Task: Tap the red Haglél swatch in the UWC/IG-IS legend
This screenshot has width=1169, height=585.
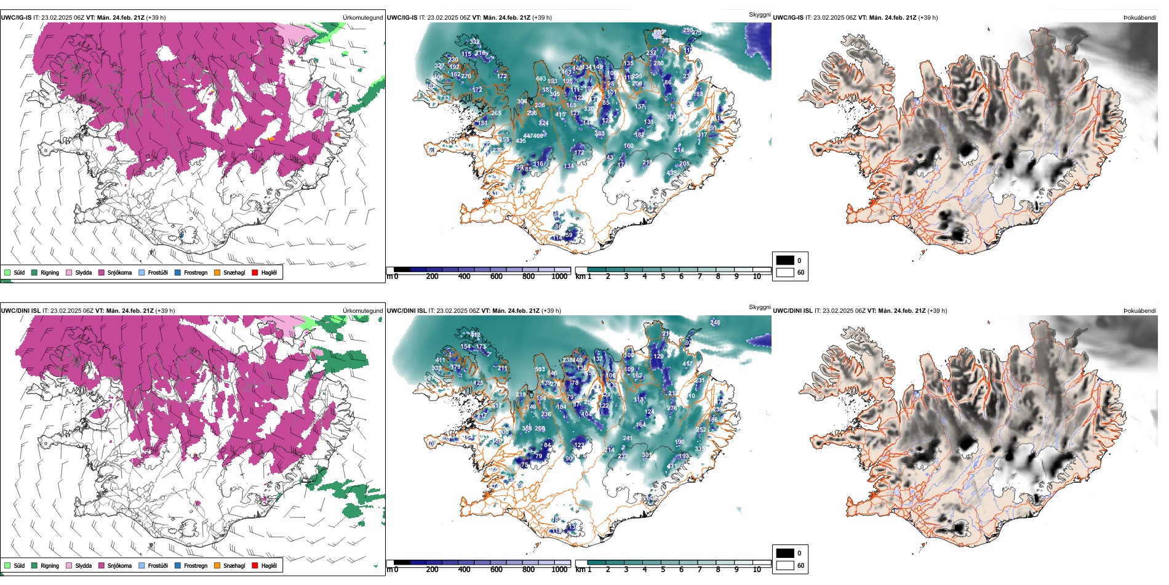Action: point(255,272)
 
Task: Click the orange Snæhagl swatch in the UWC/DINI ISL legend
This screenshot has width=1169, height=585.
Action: point(217,565)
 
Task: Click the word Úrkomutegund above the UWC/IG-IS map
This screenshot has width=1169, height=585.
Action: point(362,18)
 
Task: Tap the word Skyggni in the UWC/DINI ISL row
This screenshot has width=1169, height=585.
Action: point(759,307)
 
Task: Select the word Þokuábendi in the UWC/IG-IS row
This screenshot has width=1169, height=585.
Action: point(1139,18)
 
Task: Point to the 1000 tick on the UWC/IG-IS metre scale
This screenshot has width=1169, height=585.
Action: point(559,276)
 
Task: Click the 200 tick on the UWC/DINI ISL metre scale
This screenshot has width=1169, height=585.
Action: point(433,570)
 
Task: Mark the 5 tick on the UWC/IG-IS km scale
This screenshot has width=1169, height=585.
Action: point(663,276)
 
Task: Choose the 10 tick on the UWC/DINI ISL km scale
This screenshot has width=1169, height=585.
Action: point(757,570)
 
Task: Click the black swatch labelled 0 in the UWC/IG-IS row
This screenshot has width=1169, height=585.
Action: point(785,260)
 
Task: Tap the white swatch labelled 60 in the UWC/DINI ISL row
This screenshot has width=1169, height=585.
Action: point(785,565)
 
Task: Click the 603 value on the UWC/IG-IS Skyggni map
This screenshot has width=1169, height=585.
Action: point(541,79)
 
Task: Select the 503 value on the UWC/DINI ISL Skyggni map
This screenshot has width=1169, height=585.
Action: point(540,369)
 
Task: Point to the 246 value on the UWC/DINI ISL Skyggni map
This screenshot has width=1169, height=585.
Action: point(715,322)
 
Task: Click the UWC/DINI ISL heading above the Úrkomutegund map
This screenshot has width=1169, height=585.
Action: point(20,311)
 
